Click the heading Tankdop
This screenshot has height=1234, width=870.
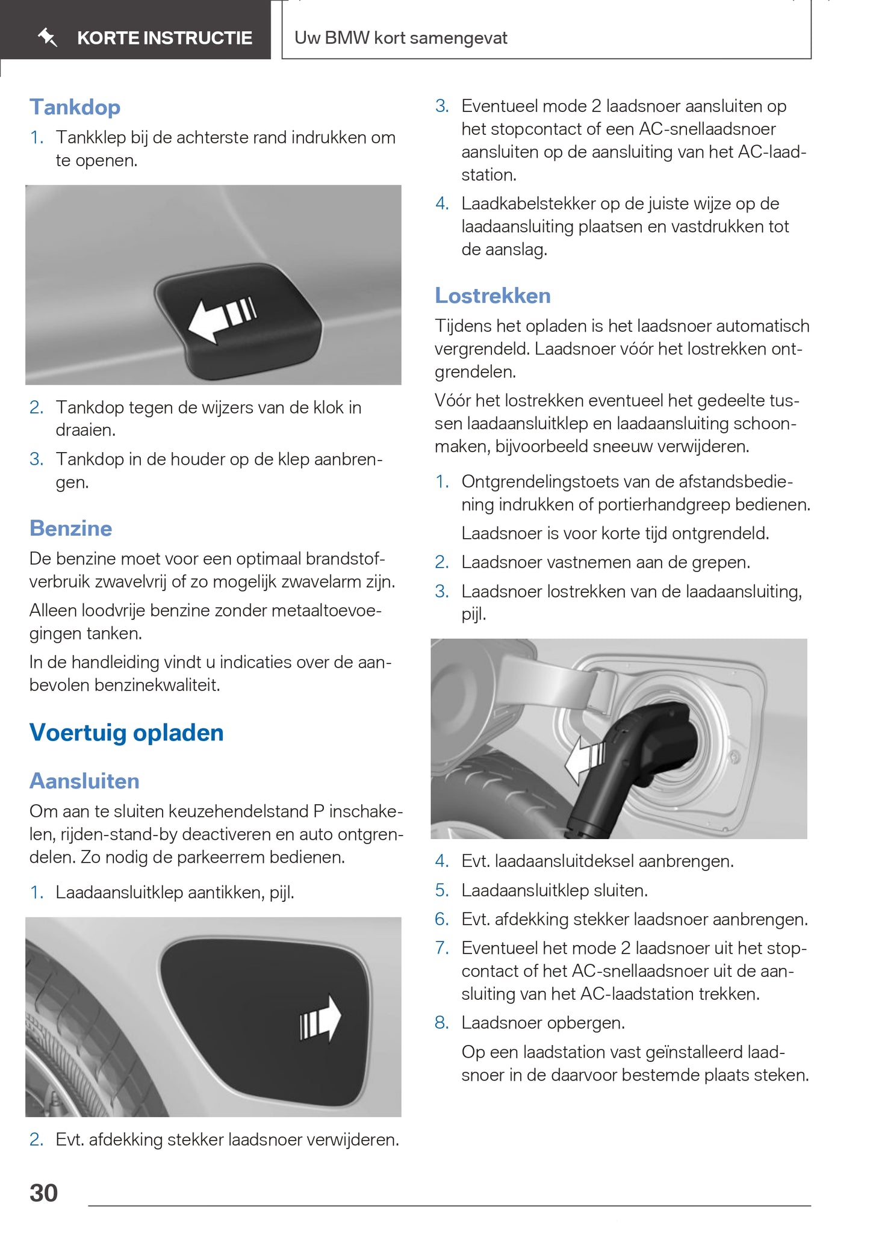(75, 107)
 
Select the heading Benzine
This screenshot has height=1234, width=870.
(70, 528)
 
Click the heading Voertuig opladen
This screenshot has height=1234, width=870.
(126, 733)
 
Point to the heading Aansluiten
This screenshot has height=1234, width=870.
(84, 781)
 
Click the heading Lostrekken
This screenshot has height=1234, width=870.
(492, 296)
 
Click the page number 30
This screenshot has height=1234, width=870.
(43, 1193)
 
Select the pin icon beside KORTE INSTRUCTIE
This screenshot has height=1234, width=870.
(47, 38)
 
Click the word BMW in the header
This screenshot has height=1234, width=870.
(347, 38)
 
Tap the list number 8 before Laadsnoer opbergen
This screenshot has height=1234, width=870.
(442, 1023)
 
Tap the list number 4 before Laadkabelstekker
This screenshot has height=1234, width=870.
(442, 203)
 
